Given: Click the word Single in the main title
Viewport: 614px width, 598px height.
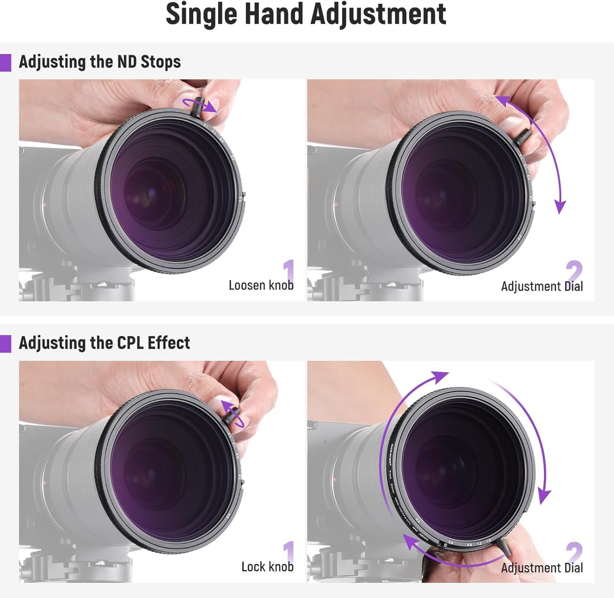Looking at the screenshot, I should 201,14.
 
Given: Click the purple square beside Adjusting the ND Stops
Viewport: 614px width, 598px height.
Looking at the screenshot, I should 5,63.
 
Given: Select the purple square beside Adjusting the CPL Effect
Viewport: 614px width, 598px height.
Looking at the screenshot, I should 5,344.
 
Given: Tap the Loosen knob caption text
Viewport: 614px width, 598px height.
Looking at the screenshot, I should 261,285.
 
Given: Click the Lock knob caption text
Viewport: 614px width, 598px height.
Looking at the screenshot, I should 267,567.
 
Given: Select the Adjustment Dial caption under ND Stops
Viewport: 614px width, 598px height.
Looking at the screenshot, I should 542,286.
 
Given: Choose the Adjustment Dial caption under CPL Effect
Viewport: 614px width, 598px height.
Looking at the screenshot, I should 542,568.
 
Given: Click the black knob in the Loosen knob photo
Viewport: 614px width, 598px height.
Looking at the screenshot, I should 198,109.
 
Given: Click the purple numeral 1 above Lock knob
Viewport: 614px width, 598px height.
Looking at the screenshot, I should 289,552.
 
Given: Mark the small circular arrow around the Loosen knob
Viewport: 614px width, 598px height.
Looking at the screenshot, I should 200,105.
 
